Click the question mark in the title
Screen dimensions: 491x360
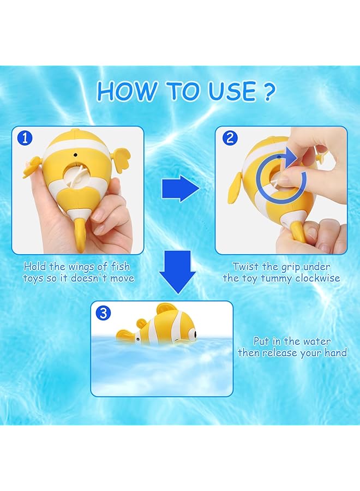[268, 92]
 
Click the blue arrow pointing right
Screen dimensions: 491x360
[180, 189]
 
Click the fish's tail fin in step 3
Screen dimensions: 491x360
[124, 334]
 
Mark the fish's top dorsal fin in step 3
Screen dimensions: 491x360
[166, 312]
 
